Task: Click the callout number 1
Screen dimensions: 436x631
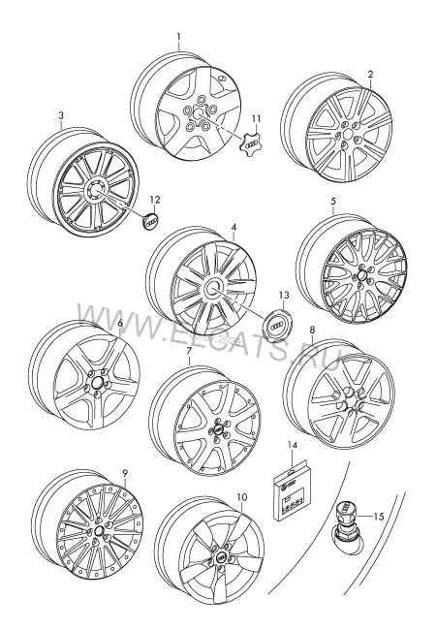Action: click(x=179, y=37)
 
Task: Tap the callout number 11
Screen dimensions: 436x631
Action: click(x=256, y=119)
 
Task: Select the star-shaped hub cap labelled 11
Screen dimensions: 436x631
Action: click(x=249, y=144)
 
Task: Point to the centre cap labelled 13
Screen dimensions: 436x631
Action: click(x=275, y=325)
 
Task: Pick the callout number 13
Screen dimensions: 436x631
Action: click(x=284, y=295)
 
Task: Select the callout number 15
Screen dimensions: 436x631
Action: click(x=379, y=517)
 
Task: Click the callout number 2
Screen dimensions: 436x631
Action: click(x=370, y=74)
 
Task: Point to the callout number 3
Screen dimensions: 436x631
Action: click(x=61, y=115)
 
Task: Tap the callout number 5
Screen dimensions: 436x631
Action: click(x=333, y=201)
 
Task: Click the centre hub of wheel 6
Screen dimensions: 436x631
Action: click(x=97, y=383)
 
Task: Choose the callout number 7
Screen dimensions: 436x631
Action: click(x=189, y=351)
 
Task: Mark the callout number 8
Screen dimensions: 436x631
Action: click(x=312, y=330)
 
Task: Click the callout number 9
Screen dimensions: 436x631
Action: click(x=125, y=472)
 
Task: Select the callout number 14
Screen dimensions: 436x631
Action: click(x=292, y=445)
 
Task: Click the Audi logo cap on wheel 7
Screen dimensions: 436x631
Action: click(x=218, y=429)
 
